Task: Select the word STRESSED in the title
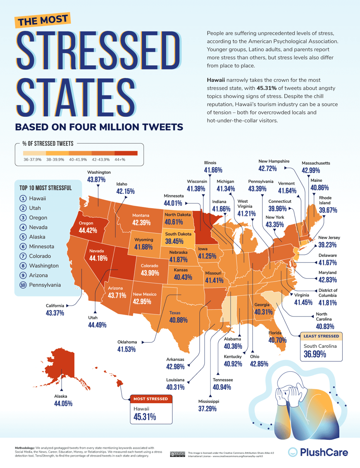(x=98, y=47)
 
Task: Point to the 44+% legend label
(x=120, y=160)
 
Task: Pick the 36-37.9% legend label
(x=32, y=160)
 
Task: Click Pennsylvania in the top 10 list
(x=45, y=285)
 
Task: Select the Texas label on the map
(x=175, y=313)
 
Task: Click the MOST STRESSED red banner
(x=150, y=399)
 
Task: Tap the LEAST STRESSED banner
(x=321, y=336)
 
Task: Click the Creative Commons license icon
(x=175, y=454)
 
